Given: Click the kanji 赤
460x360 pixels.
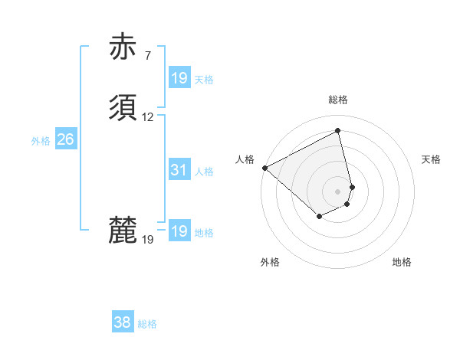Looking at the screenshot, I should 123,47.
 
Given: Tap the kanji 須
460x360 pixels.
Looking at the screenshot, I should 123,109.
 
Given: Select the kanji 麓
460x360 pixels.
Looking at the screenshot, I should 123,231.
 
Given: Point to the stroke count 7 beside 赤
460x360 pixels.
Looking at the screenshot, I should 147,56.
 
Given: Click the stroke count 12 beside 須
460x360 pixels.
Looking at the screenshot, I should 148,117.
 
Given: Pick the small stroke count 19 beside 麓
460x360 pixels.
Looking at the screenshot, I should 148,240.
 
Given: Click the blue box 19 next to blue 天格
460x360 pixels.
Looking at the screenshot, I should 179,78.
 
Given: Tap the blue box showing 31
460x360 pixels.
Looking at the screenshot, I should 179,170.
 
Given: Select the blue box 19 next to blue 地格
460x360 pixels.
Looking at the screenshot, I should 179,231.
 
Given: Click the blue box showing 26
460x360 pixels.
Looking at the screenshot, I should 65,139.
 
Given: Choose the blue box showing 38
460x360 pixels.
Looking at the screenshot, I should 122,323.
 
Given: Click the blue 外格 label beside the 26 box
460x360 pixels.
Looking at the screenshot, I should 41,141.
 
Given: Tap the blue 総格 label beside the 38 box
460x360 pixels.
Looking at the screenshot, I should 147,325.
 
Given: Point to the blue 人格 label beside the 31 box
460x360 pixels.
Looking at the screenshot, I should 204,172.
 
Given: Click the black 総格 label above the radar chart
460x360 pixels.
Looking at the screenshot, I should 338,100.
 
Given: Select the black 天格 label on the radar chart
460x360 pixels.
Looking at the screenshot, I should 432,159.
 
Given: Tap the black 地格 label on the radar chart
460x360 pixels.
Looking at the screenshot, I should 402,262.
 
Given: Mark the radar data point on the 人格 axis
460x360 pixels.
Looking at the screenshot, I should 264,168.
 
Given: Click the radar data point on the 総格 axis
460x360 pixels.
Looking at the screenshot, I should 338,131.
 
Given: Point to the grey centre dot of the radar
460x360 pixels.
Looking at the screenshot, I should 338,191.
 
